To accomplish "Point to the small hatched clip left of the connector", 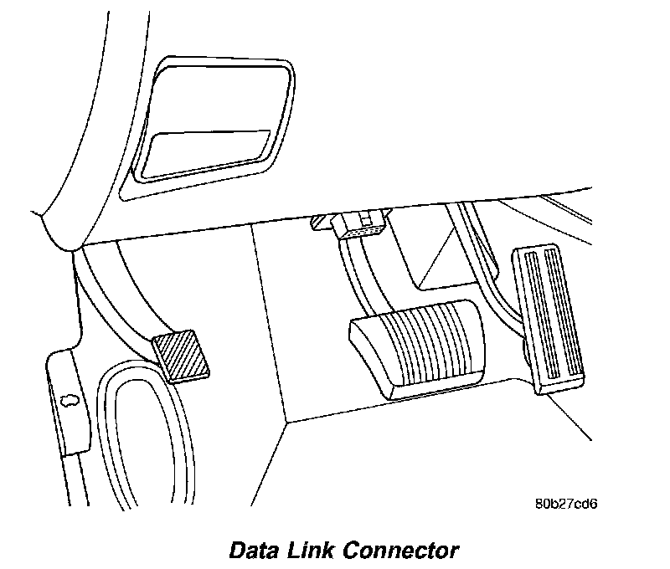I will [x=319, y=222].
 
